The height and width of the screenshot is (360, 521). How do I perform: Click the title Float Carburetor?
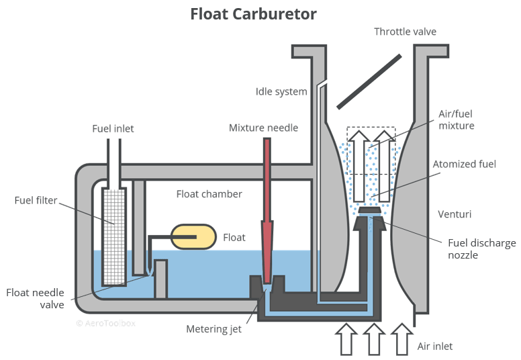pos(253,13)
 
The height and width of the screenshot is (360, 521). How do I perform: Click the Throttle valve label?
pos(405,32)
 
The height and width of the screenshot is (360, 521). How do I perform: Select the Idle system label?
pos(281,91)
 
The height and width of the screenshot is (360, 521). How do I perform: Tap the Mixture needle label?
pos(263,128)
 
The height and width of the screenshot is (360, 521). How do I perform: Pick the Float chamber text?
pos(209,194)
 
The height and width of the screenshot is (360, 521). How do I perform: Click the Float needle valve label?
pos(35,298)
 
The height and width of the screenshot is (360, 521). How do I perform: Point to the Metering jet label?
pos(214,329)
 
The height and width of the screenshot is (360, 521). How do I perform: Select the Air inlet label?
pos(435,347)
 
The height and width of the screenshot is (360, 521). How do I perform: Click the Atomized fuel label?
pos(465,164)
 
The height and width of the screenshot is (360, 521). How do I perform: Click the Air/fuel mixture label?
pos(457,120)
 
